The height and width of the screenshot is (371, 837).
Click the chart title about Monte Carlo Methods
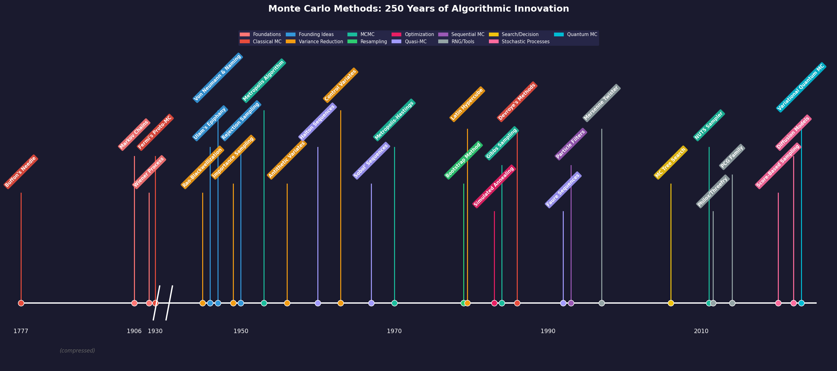[418, 9]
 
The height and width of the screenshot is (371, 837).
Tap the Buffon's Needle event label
[21, 171]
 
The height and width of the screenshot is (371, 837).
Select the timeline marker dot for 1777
[21, 303]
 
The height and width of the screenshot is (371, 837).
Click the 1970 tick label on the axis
[394, 331]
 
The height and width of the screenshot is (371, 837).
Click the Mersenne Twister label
[601, 103]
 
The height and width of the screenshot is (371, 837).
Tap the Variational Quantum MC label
[801, 87]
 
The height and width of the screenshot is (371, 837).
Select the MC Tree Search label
[671, 163]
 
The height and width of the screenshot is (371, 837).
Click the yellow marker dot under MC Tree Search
[671, 303]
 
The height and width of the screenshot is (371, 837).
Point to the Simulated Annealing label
[494, 187]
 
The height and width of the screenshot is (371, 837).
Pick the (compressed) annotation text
[77, 351]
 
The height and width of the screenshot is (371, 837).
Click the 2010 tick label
[701, 331]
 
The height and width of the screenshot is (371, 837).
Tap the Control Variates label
[341, 85]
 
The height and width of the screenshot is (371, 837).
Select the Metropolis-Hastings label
[394, 120]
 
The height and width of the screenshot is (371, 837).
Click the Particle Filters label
[571, 144]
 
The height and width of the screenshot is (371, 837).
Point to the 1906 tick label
[134, 331]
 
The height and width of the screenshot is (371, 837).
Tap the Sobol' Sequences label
[371, 161]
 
